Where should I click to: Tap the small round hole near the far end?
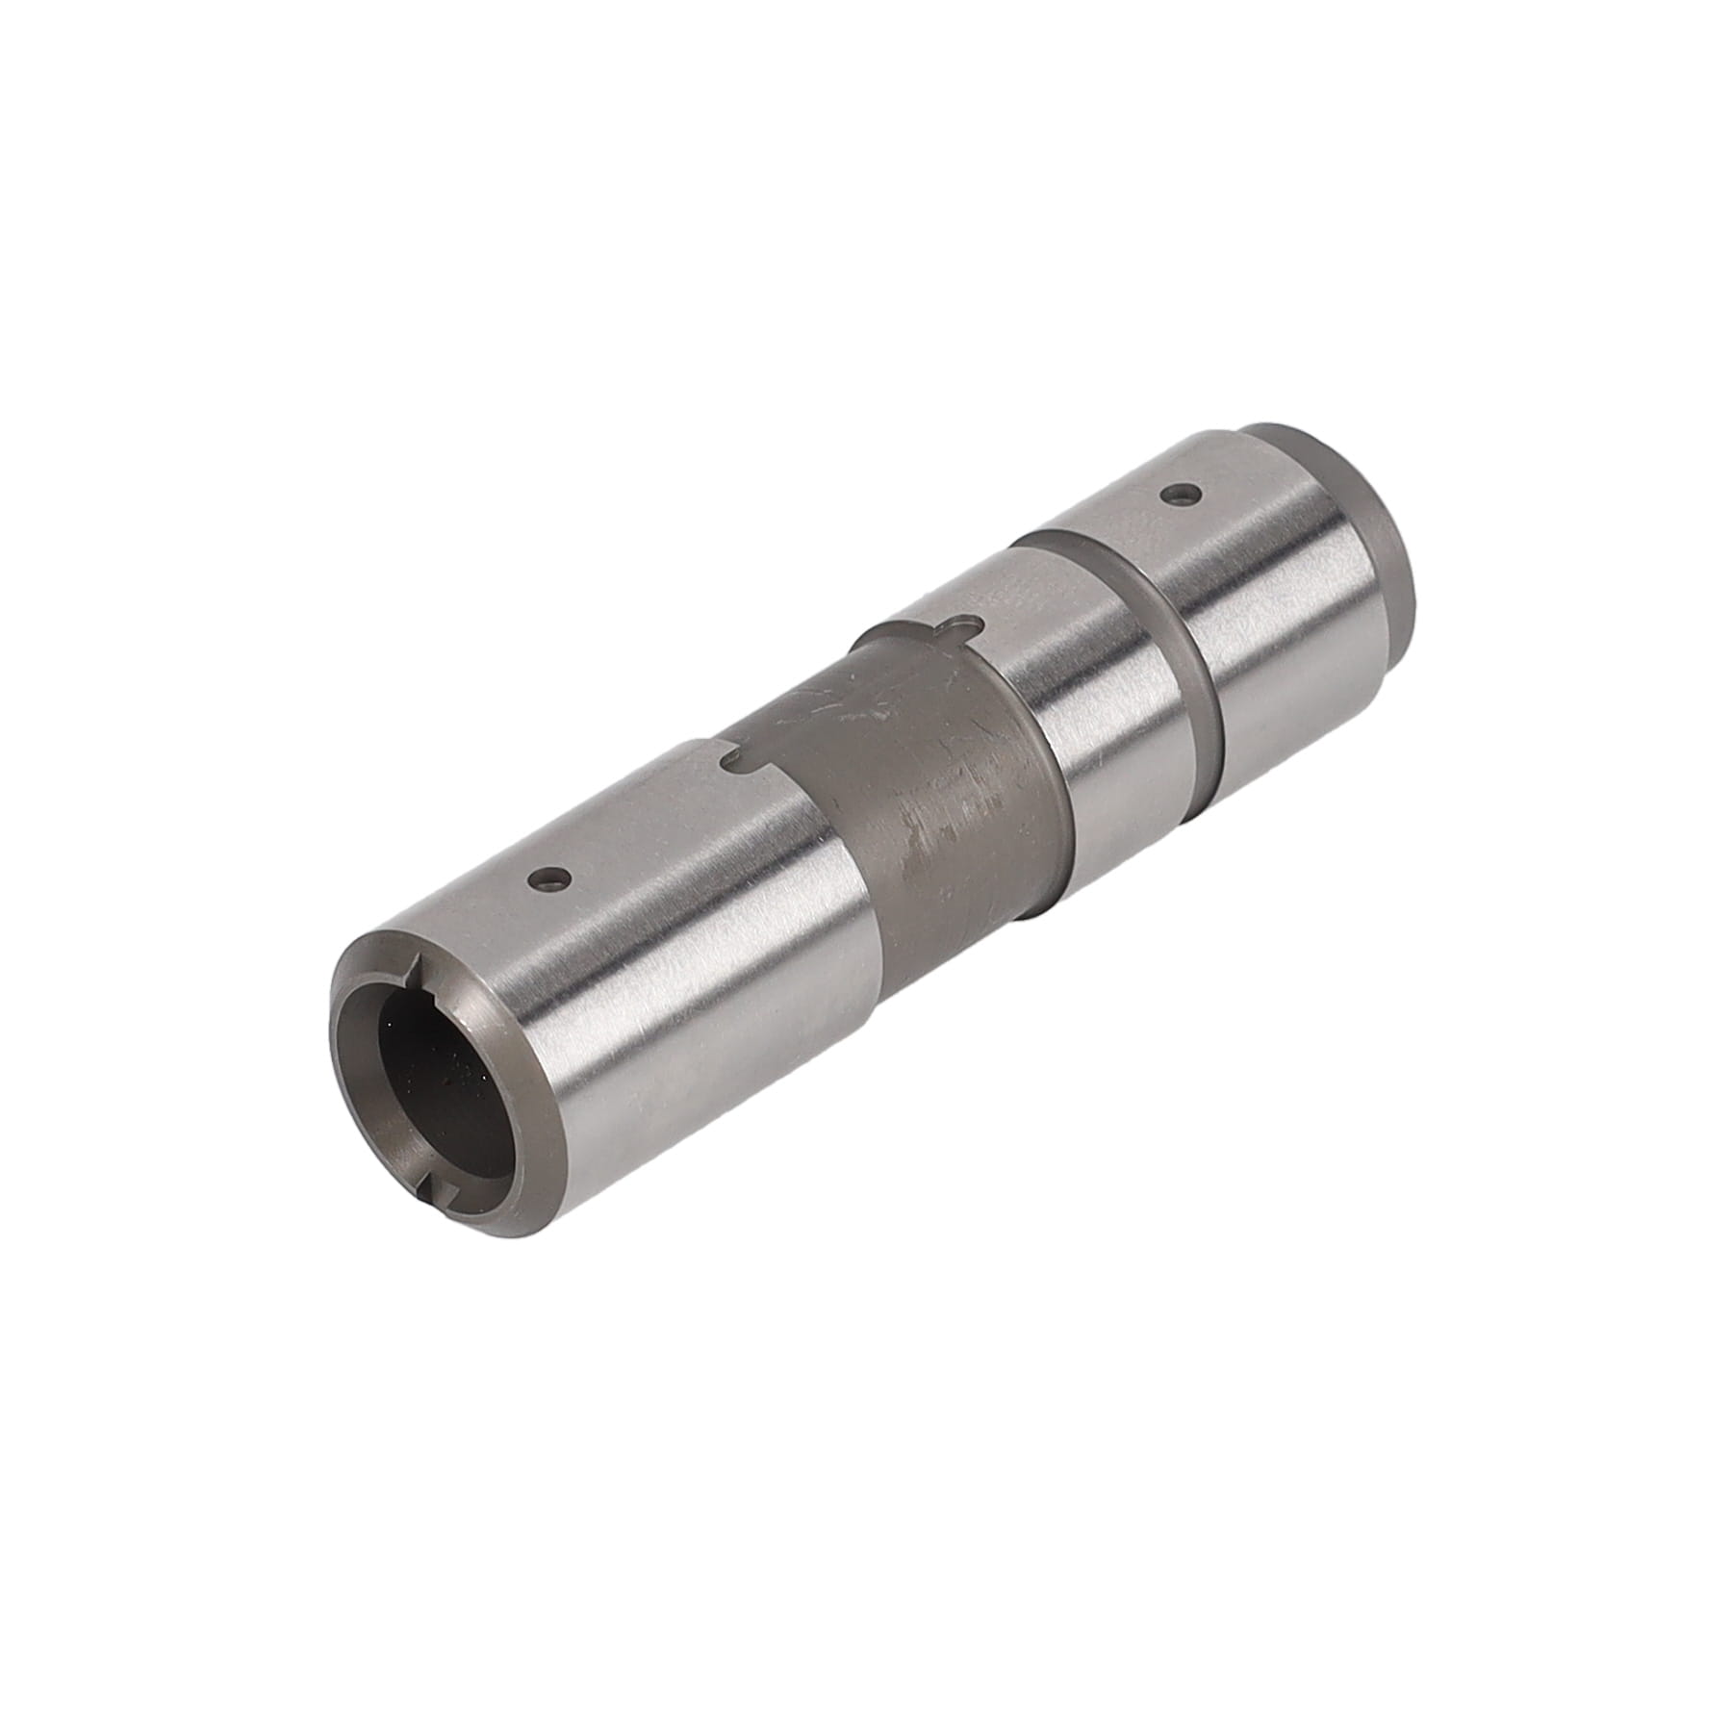coord(1180,496)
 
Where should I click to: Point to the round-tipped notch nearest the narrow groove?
coord(958,626)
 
